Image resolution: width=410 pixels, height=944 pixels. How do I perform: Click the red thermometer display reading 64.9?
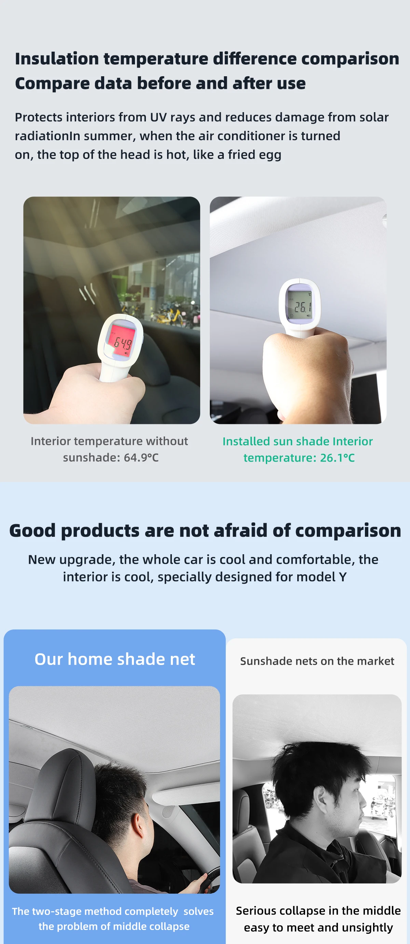tap(121, 341)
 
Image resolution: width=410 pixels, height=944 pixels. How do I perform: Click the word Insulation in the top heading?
tap(57, 58)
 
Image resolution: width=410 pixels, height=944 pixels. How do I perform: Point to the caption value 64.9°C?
tap(141, 457)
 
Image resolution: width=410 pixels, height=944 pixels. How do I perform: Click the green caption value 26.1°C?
tap(337, 458)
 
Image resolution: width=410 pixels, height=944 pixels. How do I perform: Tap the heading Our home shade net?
tap(114, 659)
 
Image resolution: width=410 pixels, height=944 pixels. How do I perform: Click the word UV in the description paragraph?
tap(158, 117)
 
